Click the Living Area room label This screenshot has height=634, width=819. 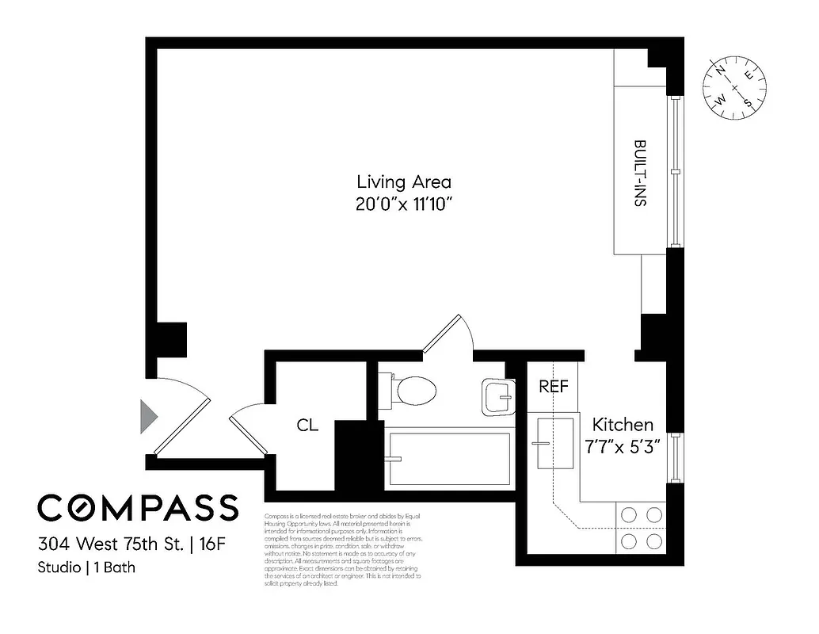coord(403,182)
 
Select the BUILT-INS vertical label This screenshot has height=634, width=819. coord(639,174)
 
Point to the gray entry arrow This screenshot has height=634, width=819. coord(148,416)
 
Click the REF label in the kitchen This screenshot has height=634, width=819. coord(554,387)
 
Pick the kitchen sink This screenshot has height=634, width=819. coord(551,442)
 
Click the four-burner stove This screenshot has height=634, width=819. coord(641,528)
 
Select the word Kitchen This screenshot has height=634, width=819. coord(623,424)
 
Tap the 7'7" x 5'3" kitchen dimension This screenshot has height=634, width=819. coord(623,446)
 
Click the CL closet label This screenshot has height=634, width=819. coord(307,426)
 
